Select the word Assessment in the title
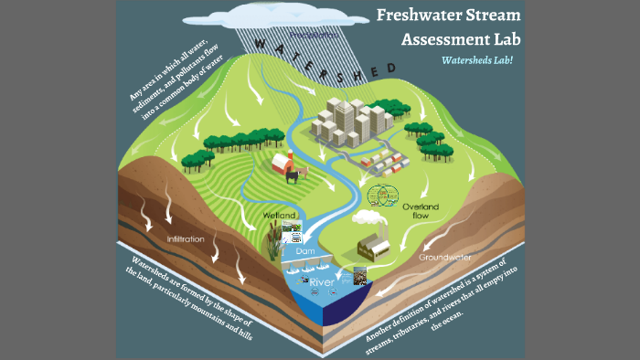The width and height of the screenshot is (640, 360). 452,40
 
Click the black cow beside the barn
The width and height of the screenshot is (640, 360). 293,176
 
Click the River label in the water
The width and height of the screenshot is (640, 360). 321,283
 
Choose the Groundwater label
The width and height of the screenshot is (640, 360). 444,258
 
